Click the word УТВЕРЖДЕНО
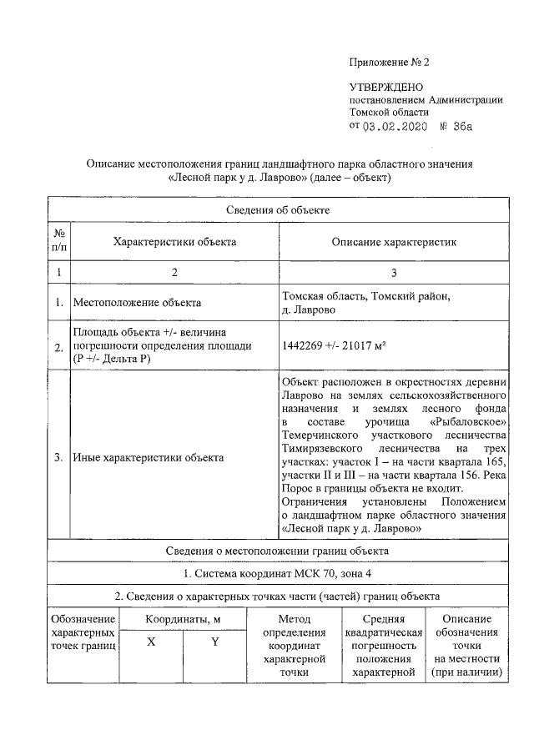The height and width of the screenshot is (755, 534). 385,88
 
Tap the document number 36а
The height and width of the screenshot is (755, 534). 458,127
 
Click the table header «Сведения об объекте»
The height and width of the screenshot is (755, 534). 279,209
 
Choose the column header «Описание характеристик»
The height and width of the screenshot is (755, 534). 395,242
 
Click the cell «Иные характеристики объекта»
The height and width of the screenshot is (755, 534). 149,457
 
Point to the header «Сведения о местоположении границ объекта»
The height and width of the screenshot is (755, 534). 279,551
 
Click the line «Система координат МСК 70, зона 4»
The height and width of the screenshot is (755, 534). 279,574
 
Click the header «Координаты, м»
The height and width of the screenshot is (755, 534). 183,620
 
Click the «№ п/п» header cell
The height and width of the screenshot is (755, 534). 59,242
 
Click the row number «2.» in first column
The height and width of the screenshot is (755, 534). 59,348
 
